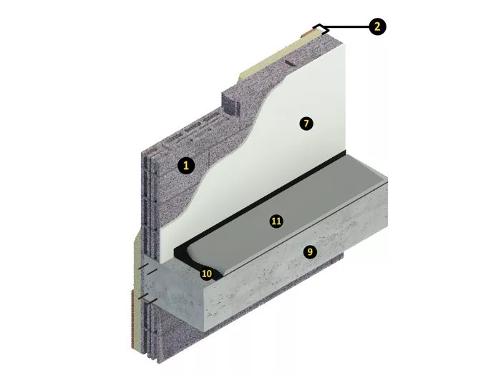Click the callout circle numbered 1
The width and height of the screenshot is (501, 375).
point(186,166)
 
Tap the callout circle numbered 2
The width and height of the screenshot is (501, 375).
point(377,26)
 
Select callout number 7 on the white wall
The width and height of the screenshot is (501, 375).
point(306,124)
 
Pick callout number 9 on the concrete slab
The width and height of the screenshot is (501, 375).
point(310,252)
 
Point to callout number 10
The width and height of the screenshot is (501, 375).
point(207,274)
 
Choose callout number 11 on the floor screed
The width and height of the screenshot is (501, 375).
point(276,221)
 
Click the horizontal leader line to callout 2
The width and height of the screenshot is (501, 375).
point(348,27)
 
